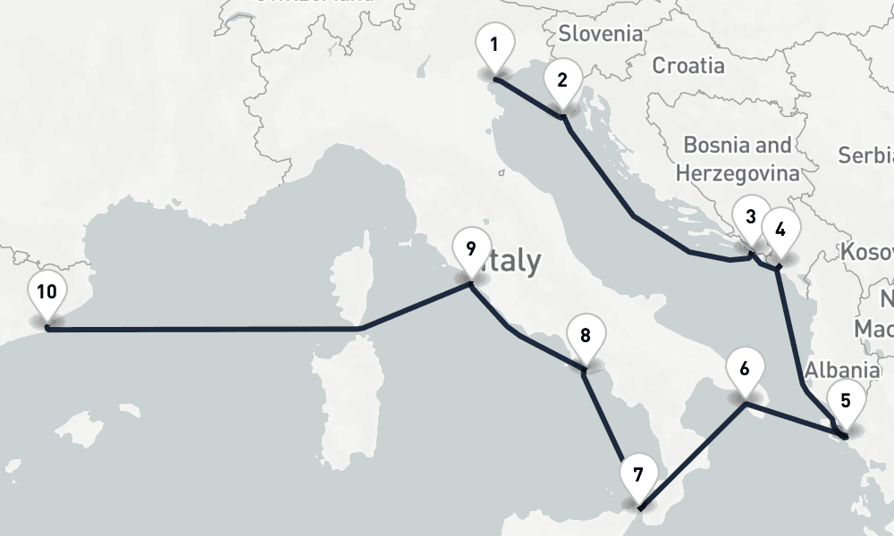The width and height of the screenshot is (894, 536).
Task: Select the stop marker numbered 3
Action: click(751, 217)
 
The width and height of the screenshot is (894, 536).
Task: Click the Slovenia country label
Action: click(601, 34)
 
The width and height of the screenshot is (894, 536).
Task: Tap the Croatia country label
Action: click(687, 65)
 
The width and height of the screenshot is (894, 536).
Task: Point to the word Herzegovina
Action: click(737, 172)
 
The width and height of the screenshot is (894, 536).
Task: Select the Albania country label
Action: click(841, 370)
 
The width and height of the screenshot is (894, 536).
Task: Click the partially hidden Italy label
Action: click(514, 261)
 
